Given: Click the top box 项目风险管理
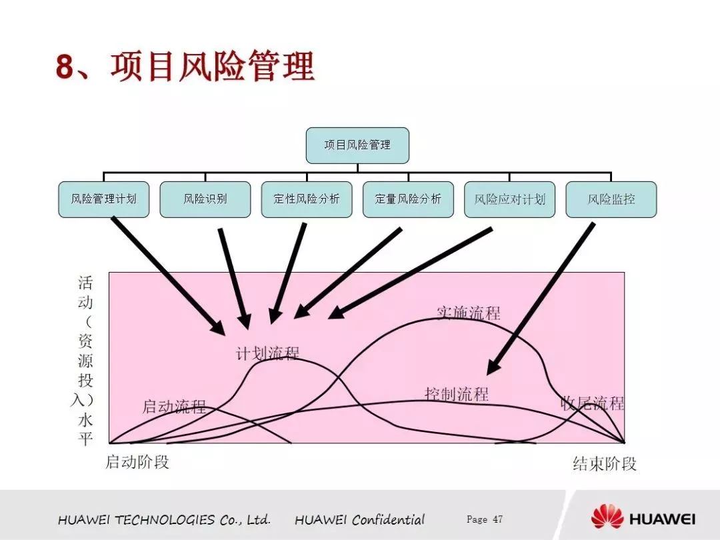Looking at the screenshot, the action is point(357,145).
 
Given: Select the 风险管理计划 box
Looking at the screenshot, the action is point(104,199).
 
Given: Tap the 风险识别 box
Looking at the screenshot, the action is point(205,199).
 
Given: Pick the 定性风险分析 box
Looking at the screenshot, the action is point(307,199).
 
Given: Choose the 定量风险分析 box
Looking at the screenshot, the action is point(408,199).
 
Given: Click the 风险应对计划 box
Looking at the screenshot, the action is point(510,199).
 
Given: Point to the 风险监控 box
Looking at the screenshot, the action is point(611,199).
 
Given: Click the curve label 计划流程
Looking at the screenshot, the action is point(268,353).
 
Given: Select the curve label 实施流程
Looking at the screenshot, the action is point(469,313).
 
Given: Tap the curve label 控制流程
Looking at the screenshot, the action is point(457,393).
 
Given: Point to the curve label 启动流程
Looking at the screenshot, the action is point(174,407).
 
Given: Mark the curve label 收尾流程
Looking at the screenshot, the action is point(593,403).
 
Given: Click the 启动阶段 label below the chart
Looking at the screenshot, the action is point(137,462).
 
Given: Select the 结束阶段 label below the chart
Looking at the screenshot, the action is point(605,464).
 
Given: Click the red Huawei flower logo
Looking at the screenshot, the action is point(607,517).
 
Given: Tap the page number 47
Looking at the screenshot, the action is point(498,519).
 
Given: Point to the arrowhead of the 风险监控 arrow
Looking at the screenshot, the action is point(493,367).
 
